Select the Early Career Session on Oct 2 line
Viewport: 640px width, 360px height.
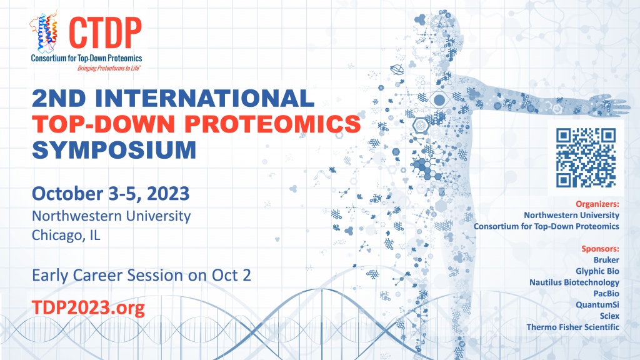[141, 275]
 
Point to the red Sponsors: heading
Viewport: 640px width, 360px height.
[600, 248]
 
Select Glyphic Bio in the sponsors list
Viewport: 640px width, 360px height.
[597, 271]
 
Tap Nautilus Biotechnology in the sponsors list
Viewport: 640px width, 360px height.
[574, 282]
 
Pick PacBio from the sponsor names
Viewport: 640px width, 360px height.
[606, 293]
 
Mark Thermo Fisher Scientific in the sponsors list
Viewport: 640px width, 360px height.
[573, 327]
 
